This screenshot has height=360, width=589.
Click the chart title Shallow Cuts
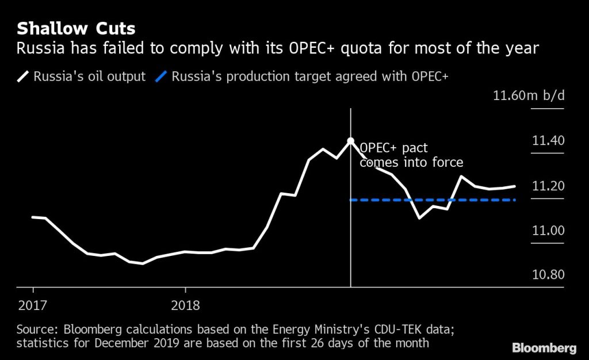click(x=76, y=28)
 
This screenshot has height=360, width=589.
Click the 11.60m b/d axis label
click(x=529, y=95)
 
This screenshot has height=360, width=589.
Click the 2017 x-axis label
click(x=32, y=305)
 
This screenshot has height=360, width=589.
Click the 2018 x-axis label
click(x=185, y=305)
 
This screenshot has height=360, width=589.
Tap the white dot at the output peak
click(x=350, y=140)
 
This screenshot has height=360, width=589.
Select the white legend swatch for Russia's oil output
click(x=24, y=76)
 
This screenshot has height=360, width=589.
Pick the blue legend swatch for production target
click(x=162, y=76)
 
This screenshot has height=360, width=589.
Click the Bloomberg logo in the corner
click(x=544, y=348)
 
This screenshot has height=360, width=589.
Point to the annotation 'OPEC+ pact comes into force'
click(x=411, y=155)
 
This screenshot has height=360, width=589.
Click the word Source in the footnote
click(x=36, y=330)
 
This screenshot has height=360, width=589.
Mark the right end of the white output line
click(x=515, y=186)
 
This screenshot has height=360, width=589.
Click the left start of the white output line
click(x=32, y=217)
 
